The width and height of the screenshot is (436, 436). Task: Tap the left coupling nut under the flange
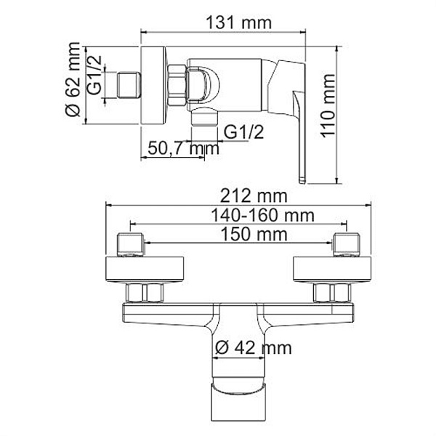click(x=145, y=293)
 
